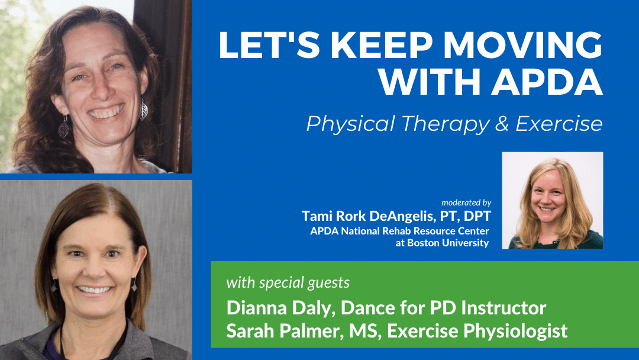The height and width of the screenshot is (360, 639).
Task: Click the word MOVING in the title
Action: [x=522, y=45]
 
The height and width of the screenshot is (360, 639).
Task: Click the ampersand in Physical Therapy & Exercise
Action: [x=502, y=124]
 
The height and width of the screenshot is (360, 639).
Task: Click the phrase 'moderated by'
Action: [x=466, y=202]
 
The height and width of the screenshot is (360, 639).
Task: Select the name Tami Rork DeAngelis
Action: [x=369, y=216]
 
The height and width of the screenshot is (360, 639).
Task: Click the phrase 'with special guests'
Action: [x=288, y=282]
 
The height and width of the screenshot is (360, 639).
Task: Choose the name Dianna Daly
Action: [x=279, y=308]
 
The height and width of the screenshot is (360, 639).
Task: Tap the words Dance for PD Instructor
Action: [x=443, y=308]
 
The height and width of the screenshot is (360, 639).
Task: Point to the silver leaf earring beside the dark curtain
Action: [x=143, y=110]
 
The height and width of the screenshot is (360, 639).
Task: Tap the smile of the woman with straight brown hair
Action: [x=94, y=290]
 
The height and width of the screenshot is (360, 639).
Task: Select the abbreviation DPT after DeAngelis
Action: [x=477, y=216]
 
